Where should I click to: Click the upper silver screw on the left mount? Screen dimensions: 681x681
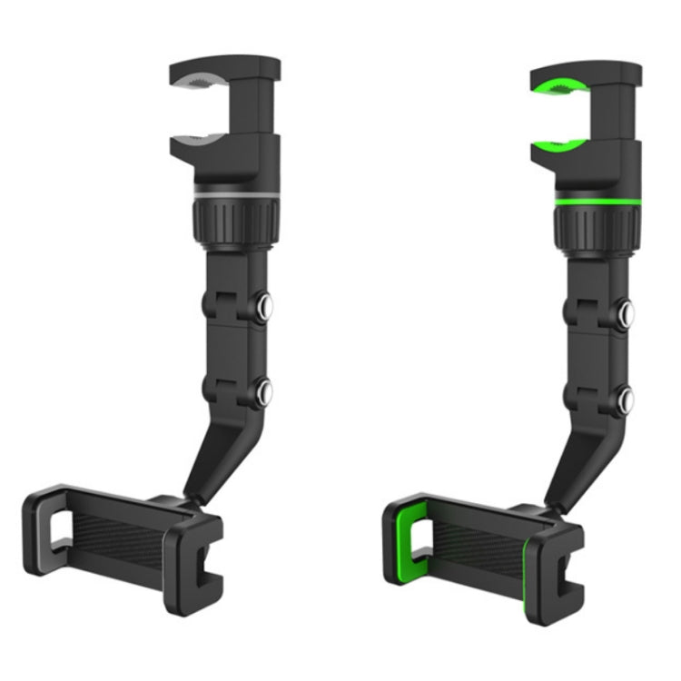click(x=264, y=308)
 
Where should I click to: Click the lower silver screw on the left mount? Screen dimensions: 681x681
click(x=264, y=392)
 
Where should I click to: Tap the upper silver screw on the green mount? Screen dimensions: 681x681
click(x=627, y=312)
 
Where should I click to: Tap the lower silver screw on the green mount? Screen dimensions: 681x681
click(x=627, y=396)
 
